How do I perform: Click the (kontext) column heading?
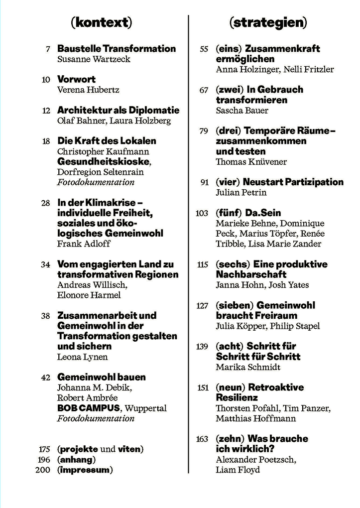102,22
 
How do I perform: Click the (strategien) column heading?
268,22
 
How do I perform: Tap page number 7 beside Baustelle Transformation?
48,49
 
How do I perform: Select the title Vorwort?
76,79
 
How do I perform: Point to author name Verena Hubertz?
88,90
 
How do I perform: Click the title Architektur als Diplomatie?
118,110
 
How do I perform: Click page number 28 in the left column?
46,203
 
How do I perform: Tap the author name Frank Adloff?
84,244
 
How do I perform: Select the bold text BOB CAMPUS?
89,408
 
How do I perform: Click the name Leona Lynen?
82,357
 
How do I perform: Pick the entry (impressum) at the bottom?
85,470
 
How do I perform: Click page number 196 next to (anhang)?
44,460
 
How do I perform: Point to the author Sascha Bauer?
242,110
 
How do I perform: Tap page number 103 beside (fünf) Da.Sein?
202,213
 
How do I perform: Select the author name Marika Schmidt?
248,367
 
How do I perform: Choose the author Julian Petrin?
241,192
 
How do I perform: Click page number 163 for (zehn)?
202,439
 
